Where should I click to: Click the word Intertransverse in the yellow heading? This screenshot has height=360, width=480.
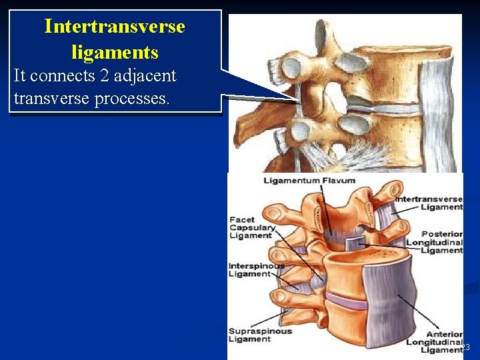115,27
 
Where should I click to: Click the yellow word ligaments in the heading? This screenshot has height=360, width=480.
115,52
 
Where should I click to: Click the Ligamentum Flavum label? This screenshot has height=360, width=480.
309,181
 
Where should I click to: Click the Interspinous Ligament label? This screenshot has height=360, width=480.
257,269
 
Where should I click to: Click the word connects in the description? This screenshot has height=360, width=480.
65,76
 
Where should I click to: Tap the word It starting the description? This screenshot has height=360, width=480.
20,76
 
